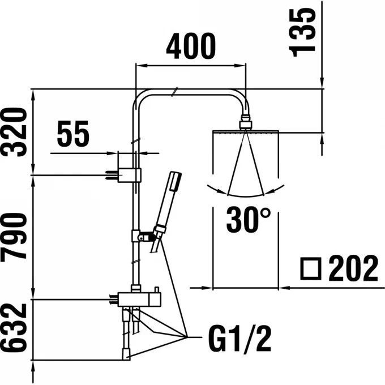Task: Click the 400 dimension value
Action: [190, 46]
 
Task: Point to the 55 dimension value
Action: [73, 136]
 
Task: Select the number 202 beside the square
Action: [353, 268]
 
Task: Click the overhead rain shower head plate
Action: [246, 132]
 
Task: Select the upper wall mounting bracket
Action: [126, 175]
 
